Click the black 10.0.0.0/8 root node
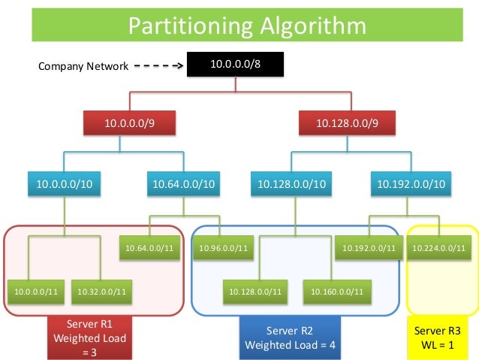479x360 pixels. click(235, 65)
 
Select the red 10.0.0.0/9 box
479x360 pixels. click(129, 122)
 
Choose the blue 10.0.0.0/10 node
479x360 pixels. click(65, 183)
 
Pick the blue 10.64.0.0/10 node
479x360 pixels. click(183, 183)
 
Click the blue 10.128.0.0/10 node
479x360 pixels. click(292, 183)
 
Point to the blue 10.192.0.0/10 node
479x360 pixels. click(411, 183)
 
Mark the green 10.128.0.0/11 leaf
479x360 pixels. click(257, 289)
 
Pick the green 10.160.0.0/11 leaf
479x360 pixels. click(337, 289)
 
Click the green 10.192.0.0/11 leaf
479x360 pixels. click(369, 247)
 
